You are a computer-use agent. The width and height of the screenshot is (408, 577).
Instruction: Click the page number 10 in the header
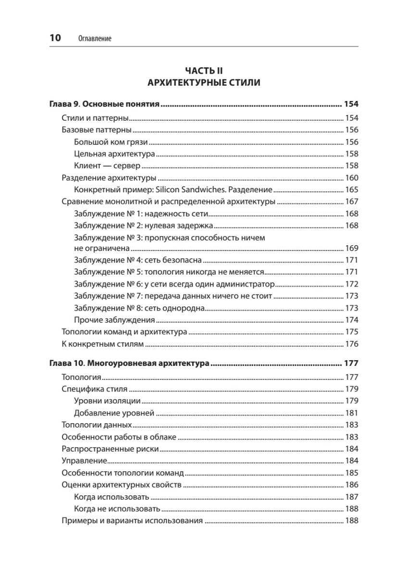point(55,38)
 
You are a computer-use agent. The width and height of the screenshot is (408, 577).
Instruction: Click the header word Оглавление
point(94,38)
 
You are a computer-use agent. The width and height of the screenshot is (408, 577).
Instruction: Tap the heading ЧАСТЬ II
point(204,71)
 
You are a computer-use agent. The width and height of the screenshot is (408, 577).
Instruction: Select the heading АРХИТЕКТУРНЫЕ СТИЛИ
point(204,83)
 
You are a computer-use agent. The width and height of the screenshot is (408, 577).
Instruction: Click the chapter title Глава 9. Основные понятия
point(105,104)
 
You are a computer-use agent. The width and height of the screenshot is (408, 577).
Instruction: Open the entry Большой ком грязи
point(111,142)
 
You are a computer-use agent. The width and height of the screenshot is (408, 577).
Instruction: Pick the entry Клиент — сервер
point(107,166)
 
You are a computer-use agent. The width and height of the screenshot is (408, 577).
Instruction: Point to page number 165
point(352,189)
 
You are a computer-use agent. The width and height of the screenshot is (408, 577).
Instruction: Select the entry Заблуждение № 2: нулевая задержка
point(144,225)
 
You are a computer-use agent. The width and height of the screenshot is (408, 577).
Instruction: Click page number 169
point(352,249)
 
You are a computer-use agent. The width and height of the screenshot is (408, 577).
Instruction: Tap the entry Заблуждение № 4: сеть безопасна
point(138,260)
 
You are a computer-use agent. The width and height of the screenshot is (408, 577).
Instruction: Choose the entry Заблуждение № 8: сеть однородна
point(140,308)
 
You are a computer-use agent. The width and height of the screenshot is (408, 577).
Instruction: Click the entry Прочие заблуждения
point(114,320)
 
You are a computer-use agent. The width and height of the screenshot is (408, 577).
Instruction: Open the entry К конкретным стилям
point(103,343)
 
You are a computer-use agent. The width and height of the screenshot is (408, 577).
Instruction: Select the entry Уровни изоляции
point(108,401)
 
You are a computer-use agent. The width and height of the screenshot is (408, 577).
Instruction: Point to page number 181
point(352,413)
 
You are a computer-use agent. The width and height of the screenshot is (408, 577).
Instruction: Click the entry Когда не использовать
point(117,509)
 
